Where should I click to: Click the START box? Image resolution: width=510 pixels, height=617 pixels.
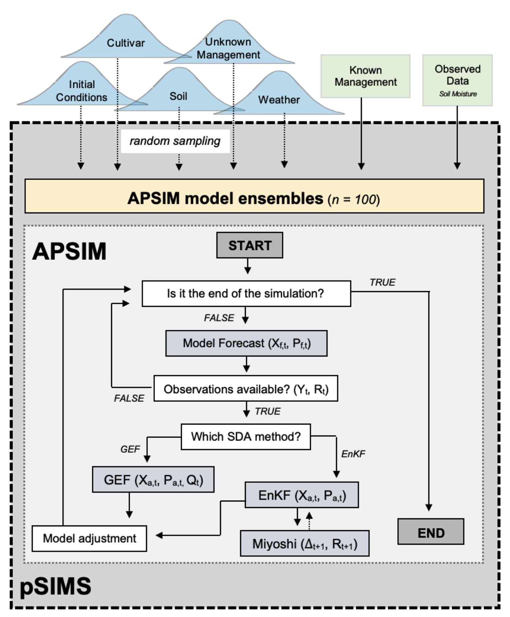tap(250, 245)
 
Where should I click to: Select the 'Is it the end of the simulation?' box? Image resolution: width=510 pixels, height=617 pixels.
tap(246, 294)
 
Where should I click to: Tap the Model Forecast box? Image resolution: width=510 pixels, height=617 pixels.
tap(246, 343)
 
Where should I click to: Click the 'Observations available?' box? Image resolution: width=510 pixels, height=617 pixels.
tap(245, 389)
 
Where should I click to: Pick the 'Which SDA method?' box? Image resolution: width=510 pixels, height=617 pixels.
tap(245, 437)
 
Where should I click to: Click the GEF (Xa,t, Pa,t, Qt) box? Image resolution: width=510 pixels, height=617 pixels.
tap(153, 480)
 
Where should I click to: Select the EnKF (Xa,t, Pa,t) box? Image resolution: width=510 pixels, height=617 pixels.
tap(301, 495)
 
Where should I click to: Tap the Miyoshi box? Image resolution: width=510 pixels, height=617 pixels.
tap(304, 544)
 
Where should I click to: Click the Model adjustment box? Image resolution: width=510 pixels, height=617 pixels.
tap(89, 538)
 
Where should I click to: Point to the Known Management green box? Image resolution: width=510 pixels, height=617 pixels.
tap(365, 76)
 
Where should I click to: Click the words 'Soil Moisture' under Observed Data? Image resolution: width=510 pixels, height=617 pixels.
tap(458, 94)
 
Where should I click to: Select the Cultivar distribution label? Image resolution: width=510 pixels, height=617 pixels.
tap(126, 43)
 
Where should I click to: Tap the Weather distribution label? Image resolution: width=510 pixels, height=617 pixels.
tap(279, 100)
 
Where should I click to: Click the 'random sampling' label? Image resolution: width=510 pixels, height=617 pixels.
tap(175, 141)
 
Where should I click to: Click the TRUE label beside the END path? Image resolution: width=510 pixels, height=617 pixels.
tap(382, 282)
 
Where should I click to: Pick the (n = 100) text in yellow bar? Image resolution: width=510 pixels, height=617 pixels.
tap(353, 200)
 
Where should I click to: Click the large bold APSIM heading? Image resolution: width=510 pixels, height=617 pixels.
tap(69, 251)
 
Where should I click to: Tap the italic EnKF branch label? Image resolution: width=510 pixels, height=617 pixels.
tap(353, 454)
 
